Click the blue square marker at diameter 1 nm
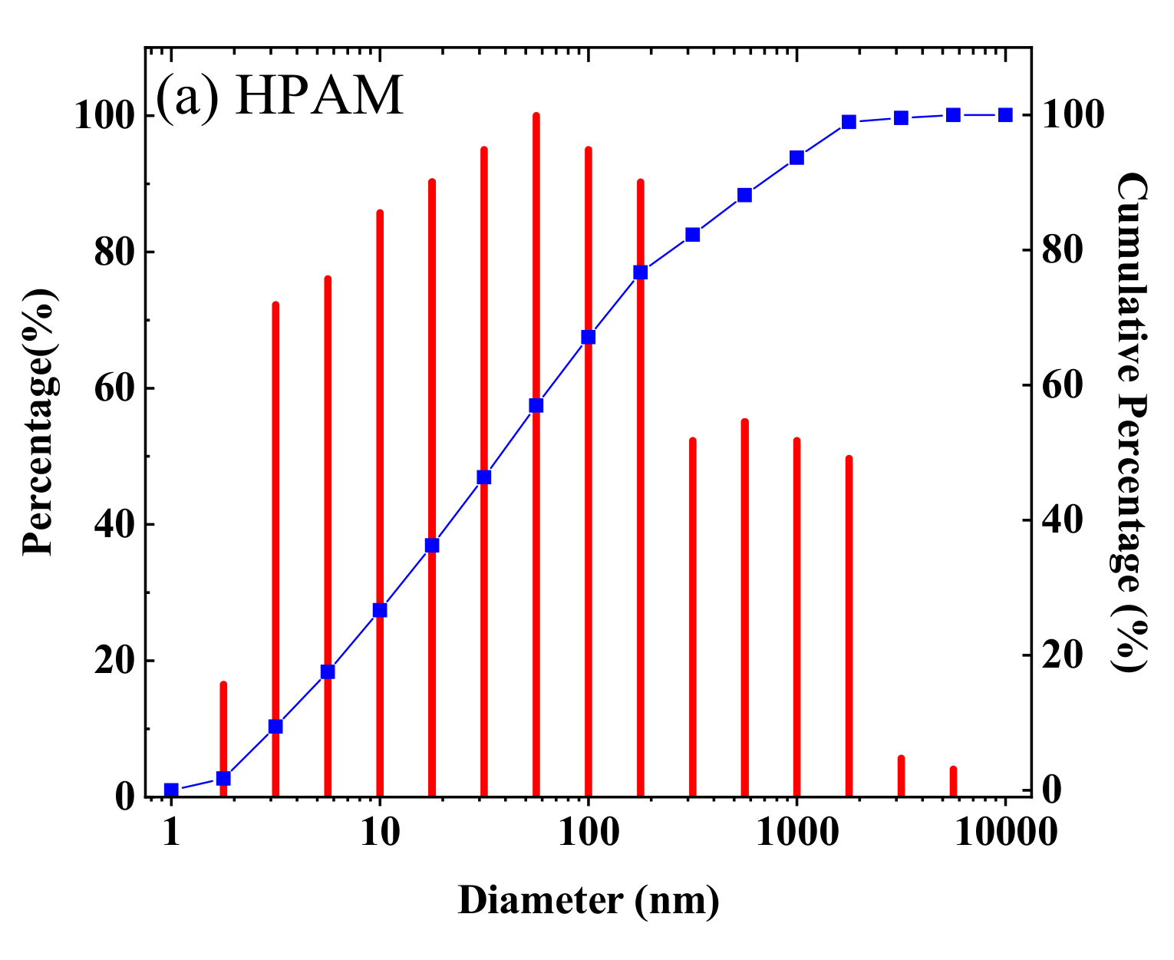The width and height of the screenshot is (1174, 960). click(171, 790)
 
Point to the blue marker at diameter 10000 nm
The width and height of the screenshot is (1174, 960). click(1005, 115)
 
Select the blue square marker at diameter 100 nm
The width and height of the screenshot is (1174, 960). click(589, 337)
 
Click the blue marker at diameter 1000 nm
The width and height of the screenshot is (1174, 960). click(797, 158)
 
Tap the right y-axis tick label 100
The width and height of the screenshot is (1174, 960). click(1072, 116)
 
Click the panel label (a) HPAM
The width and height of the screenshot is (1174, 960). click(279, 97)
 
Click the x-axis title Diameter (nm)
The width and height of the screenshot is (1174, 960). click(589, 899)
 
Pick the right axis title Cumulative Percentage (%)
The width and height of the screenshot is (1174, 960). click(1130, 422)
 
